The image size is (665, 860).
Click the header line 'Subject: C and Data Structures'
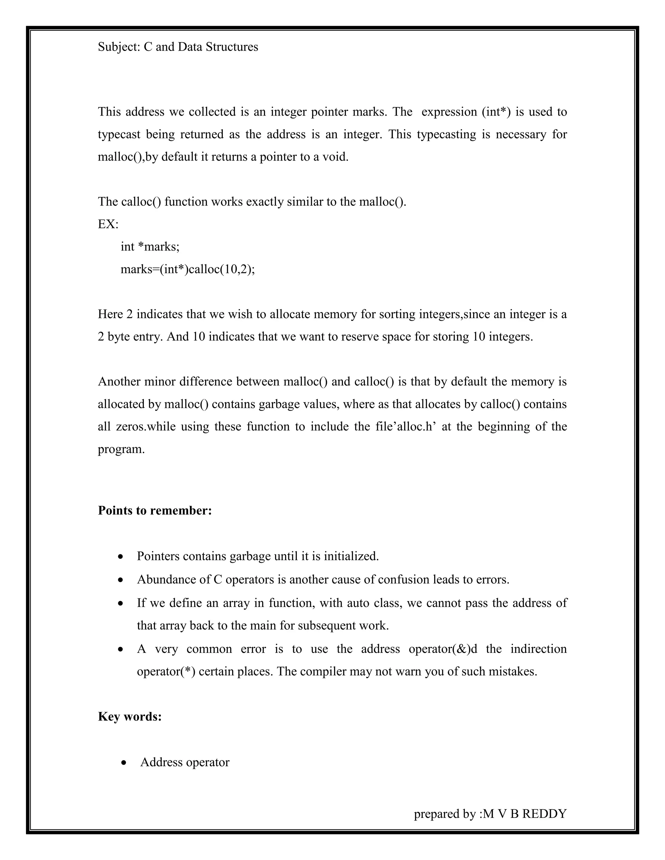click(x=178, y=47)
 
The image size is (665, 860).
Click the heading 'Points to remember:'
click(x=155, y=510)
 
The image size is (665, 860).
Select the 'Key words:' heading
click(x=130, y=716)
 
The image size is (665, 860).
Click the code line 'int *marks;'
click(x=150, y=247)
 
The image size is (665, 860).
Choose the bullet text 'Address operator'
click(x=185, y=762)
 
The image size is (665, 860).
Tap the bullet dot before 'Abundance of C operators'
click(x=121, y=580)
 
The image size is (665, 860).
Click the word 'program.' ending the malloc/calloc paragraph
click(x=121, y=449)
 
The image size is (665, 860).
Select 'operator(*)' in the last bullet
click(x=166, y=671)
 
